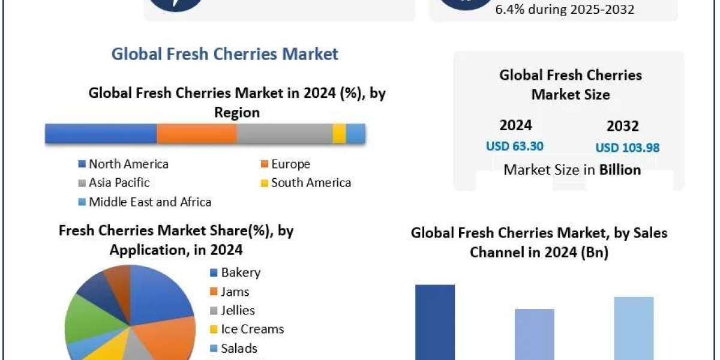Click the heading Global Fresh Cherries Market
pyautogui.click(x=225, y=54)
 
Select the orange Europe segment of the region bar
pyautogui.click(x=197, y=134)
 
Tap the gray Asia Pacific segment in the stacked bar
pyautogui.click(x=284, y=134)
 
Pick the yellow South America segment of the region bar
pyautogui.click(x=339, y=134)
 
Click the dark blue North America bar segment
pyautogui.click(x=101, y=134)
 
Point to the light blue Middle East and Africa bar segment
pyautogui.click(x=356, y=134)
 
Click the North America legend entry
pyautogui.click(x=128, y=164)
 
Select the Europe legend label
pyautogui.click(x=290, y=164)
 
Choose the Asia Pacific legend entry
pyautogui.click(x=119, y=182)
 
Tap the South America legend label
pyautogui.click(x=310, y=182)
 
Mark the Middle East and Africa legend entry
pyautogui.click(x=149, y=202)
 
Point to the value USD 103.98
pyautogui.click(x=627, y=147)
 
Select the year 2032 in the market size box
pyautogui.click(x=622, y=126)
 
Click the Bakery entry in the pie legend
pyautogui.click(x=240, y=272)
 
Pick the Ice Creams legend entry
pyautogui.click(x=251, y=329)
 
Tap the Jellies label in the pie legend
pyautogui.click(x=238, y=310)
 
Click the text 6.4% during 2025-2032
pyautogui.click(x=565, y=10)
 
